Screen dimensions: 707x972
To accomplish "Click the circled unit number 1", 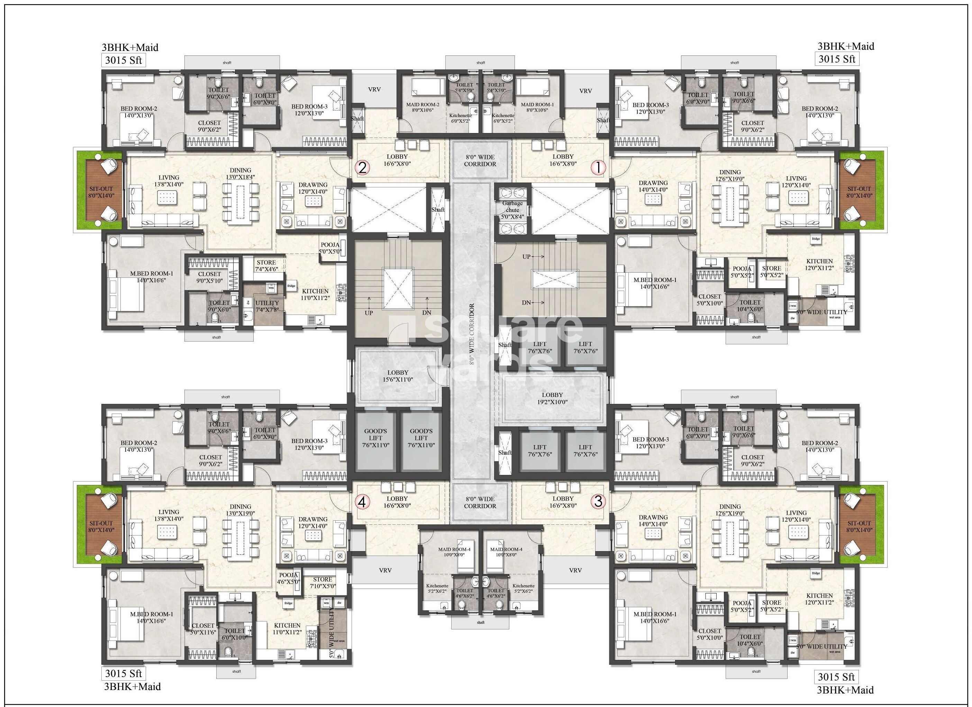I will pyautogui.click(x=598, y=167).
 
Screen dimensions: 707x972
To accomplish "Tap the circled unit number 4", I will pyautogui.click(x=362, y=502).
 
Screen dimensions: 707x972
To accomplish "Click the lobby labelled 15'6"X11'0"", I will pyautogui.click(x=398, y=376).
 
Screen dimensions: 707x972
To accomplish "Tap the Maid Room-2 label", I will pyautogui.click(x=423, y=107).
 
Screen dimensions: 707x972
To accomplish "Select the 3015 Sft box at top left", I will pyautogui.click(x=124, y=60).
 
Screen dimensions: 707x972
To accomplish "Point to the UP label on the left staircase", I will pyautogui.click(x=369, y=313).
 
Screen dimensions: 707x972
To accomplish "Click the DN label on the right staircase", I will pyautogui.click(x=527, y=302).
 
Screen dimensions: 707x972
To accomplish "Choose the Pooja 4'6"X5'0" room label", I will pyautogui.click(x=289, y=578).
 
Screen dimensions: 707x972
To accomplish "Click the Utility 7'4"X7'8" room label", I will pyautogui.click(x=267, y=306).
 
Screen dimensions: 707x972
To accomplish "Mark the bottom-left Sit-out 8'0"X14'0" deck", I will pyautogui.click(x=101, y=527).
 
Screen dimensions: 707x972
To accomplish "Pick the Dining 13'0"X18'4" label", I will pyautogui.click(x=240, y=173).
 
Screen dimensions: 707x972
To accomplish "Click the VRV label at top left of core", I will pyautogui.click(x=374, y=90).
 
